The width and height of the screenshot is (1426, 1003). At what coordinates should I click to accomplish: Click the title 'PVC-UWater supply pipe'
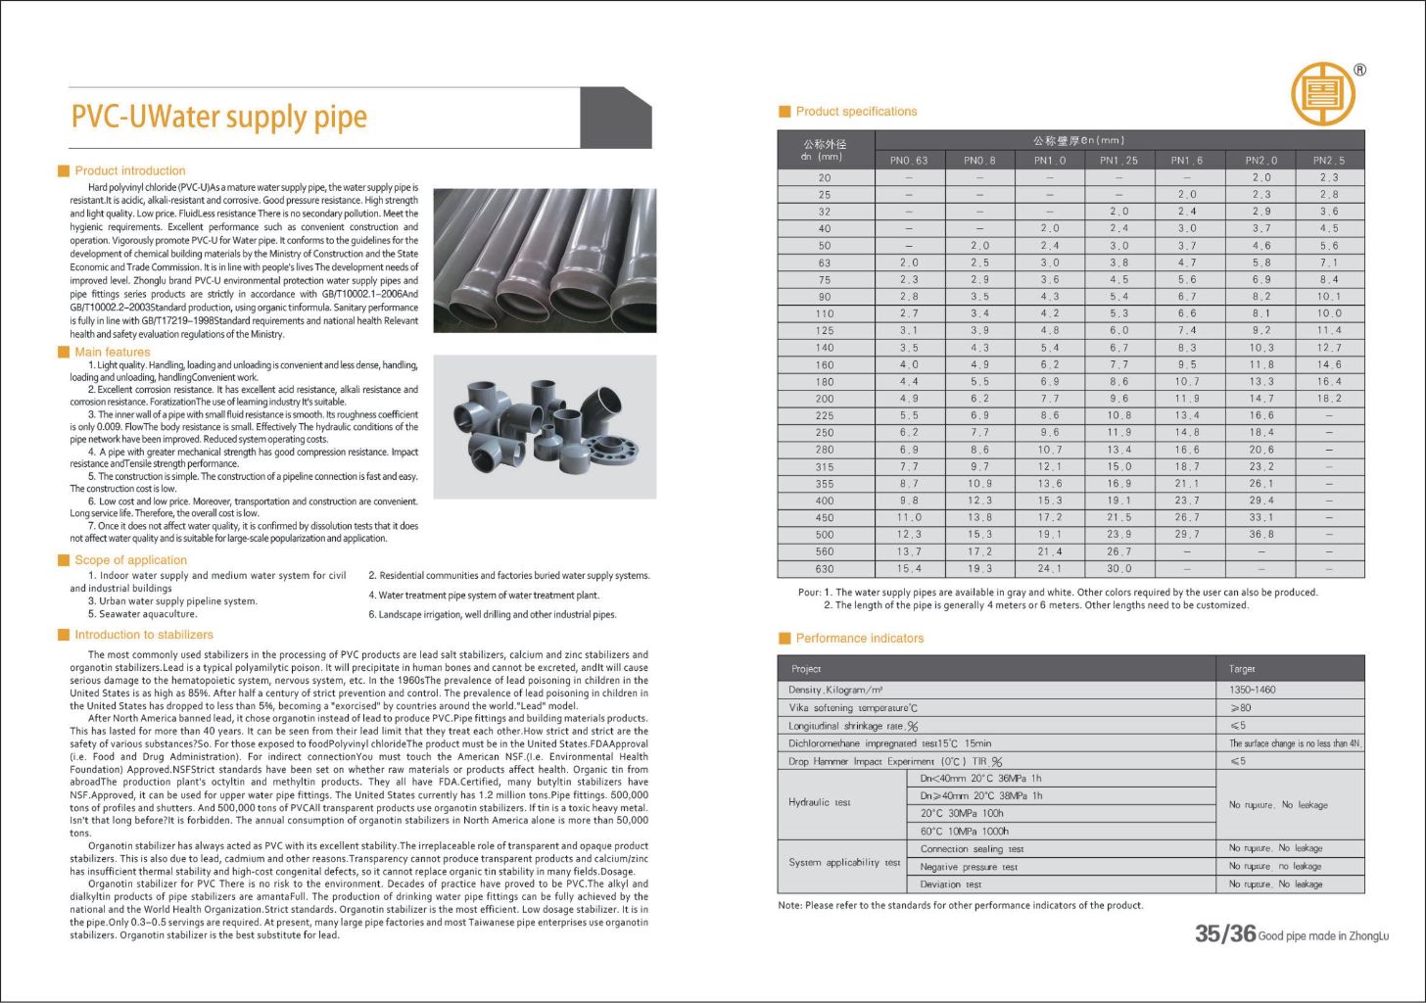pyautogui.click(x=218, y=118)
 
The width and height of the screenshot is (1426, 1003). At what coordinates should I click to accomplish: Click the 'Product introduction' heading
pyautogui.click(x=129, y=170)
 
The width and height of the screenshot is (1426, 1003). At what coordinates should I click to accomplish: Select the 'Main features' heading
pyautogui.click(x=112, y=352)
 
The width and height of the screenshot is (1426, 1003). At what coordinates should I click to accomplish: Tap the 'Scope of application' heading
pyautogui.click(x=130, y=560)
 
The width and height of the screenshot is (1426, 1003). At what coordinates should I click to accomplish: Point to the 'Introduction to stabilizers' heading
pyautogui.click(x=143, y=635)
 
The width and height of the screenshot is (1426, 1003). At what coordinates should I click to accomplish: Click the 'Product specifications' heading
pyautogui.click(x=856, y=112)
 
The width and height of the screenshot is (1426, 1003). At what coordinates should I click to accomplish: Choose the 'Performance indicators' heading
pyautogui.click(x=859, y=639)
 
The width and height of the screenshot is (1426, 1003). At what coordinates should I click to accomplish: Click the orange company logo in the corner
pyautogui.click(x=1322, y=94)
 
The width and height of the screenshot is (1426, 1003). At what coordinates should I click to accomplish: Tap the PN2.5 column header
pyautogui.click(x=1329, y=161)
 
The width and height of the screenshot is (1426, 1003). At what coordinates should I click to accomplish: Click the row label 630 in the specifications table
pyautogui.click(x=825, y=569)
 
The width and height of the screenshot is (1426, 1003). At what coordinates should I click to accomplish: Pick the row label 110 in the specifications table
pyautogui.click(x=825, y=313)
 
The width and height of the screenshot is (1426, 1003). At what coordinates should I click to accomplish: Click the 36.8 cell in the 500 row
pyautogui.click(x=1260, y=535)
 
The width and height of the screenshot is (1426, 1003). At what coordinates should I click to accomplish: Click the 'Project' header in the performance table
pyautogui.click(x=806, y=669)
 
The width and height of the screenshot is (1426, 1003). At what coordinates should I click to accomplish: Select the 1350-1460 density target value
pyautogui.click(x=1253, y=690)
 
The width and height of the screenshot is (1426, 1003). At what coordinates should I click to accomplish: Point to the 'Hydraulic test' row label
pyautogui.click(x=820, y=803)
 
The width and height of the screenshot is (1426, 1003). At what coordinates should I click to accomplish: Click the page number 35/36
pyautogui.click(x=1224, y=934)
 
